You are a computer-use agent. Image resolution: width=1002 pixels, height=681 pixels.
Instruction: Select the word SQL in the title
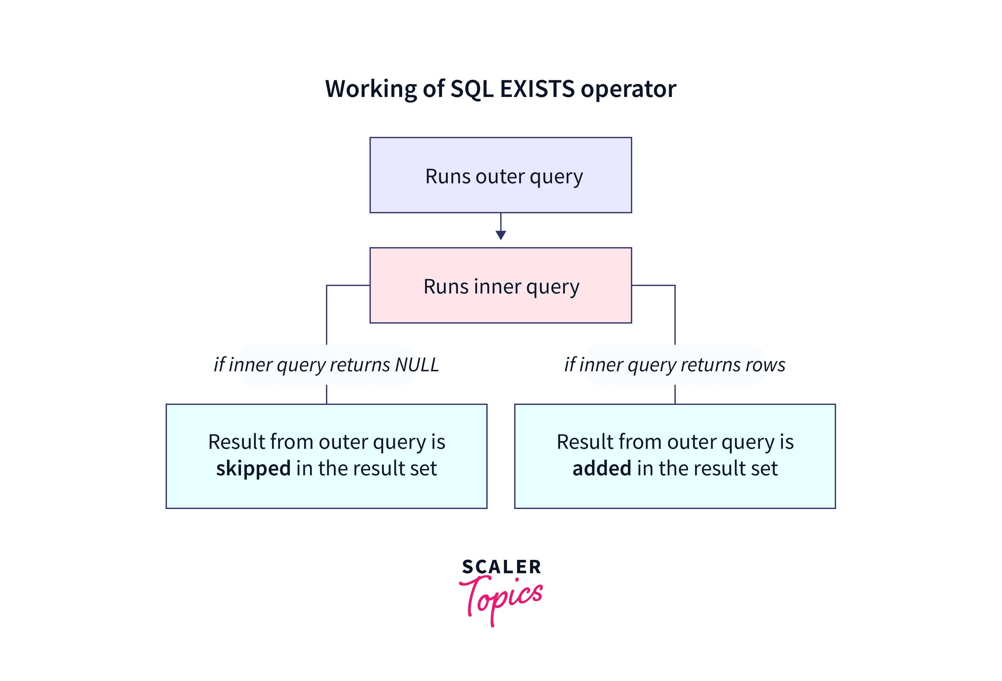(x=472, y=89)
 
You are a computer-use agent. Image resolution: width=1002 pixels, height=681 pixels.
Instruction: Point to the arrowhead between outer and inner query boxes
(x=501, y=235)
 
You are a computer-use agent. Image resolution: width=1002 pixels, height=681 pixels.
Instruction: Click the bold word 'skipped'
(x=253, y=468)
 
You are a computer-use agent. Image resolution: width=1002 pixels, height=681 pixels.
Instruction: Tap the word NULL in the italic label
(x=417, y=365)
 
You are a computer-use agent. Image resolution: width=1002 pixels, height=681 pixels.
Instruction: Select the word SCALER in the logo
(x=501, y=567)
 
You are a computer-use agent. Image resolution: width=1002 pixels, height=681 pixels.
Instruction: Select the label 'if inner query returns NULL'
(x=326, y=365)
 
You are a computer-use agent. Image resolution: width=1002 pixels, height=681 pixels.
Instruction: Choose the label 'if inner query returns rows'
(x=675, y=365)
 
